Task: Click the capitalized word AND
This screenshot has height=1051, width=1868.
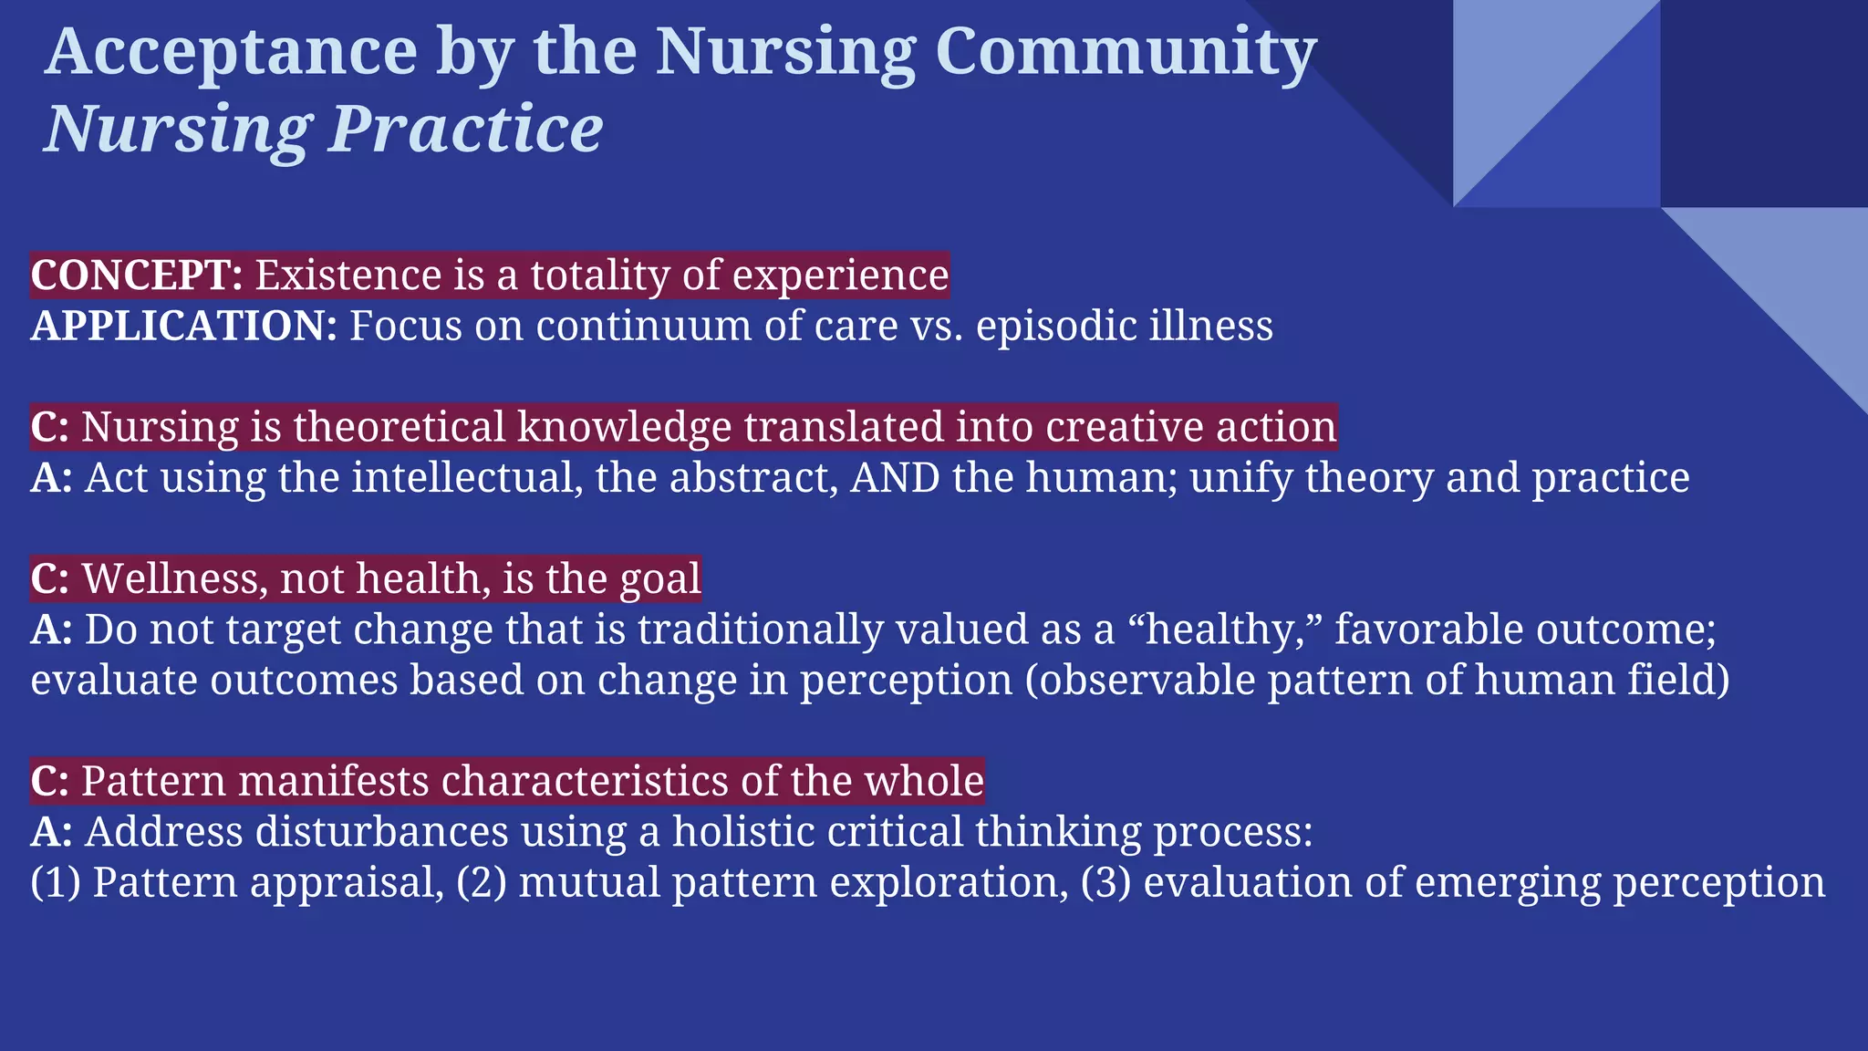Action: point(895,478)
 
